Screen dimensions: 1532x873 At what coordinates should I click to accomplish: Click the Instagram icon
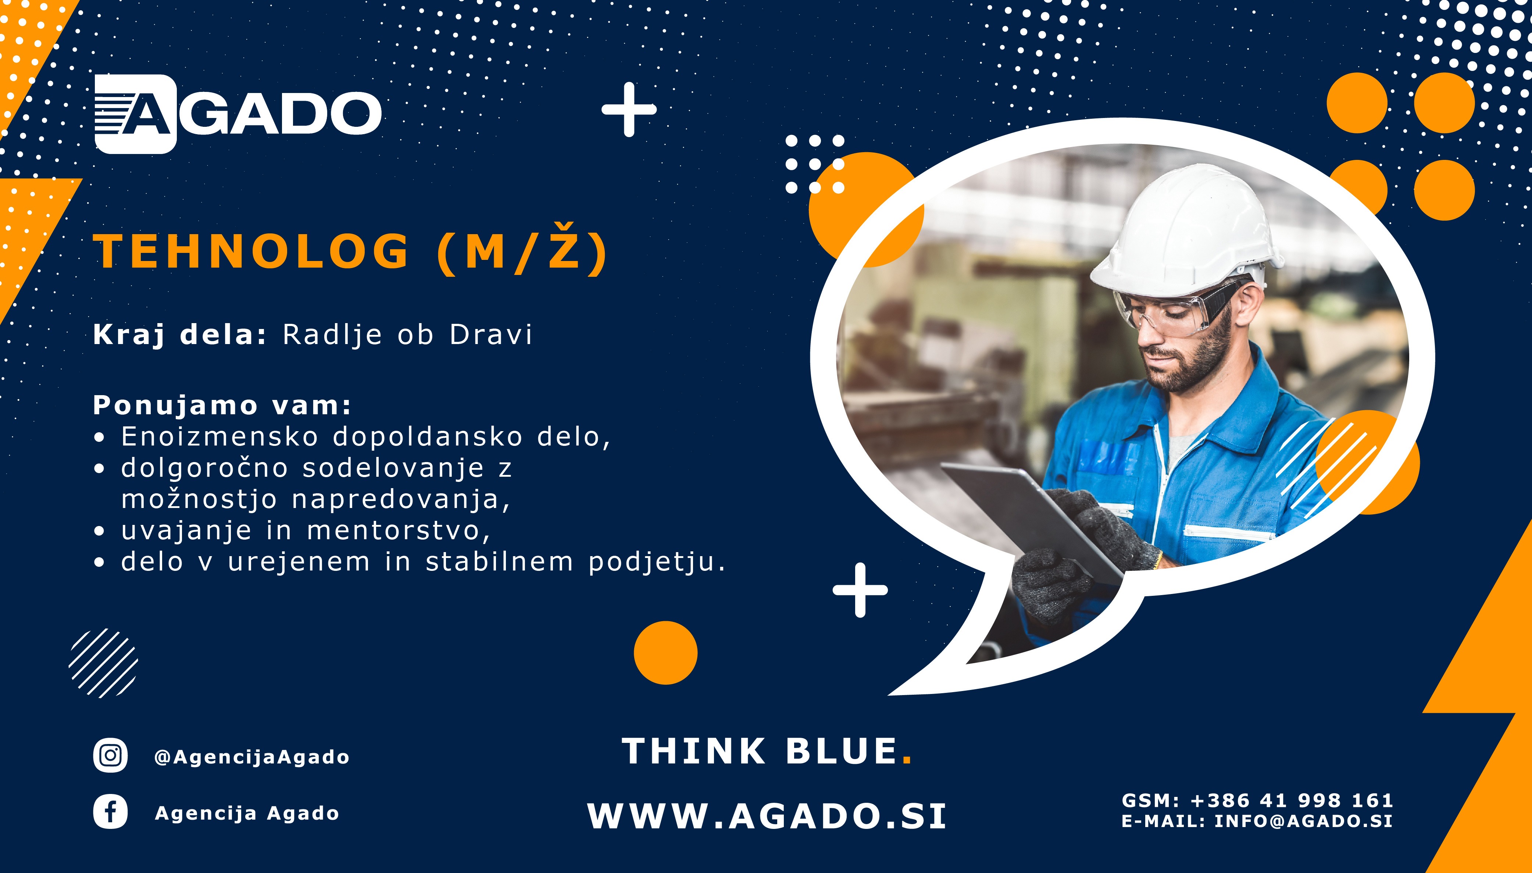pyautogui.click(x=110, y=755)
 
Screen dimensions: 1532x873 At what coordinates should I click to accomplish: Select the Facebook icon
pyautogui.click(x=110, y=812)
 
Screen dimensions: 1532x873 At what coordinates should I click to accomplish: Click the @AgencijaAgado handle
pyautogui.click(x=252, y=757)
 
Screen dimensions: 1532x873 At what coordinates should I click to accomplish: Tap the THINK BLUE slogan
pyautogui.click(x=766, y=751)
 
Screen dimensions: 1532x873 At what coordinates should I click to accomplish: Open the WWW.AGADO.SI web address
pyautogui.click(x=766, y=816)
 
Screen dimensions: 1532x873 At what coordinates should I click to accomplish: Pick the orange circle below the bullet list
pyautogui.click(x=665, y=652)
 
